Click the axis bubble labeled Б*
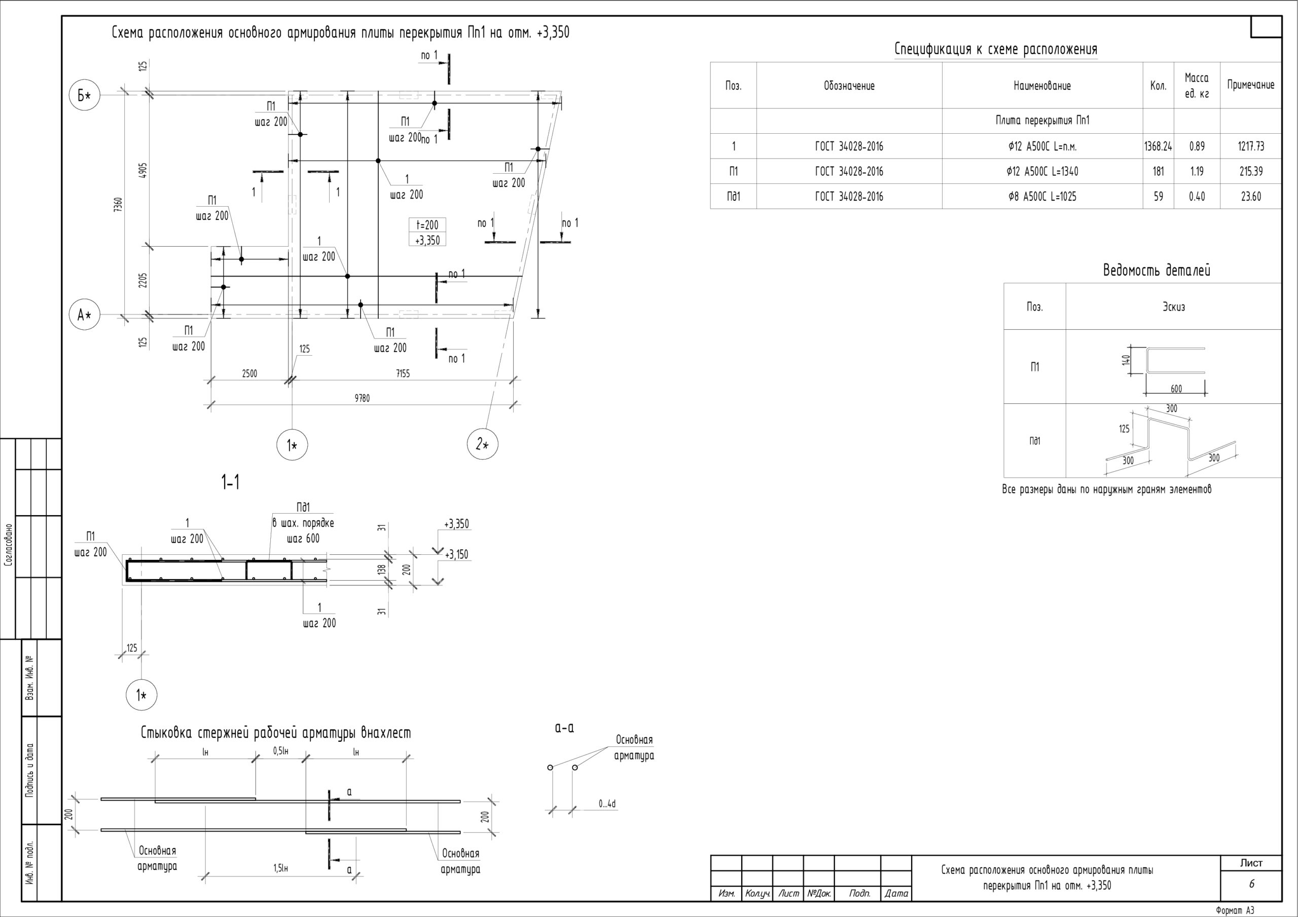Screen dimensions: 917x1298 point(84,95)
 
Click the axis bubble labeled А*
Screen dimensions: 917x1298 point(84,315)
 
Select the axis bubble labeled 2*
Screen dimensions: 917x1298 point(482,444)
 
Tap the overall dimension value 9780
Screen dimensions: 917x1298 point(362,398)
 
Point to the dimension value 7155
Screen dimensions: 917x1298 point(403,373)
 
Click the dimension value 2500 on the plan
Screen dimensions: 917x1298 point(249,373)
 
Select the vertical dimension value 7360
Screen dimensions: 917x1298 point(118,204)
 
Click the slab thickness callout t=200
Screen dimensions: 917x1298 point(427,225)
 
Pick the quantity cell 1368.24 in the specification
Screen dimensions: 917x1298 point(1158,146)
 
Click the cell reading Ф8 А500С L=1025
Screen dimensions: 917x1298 point(1042,197)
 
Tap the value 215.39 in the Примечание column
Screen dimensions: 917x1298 point(1250,171)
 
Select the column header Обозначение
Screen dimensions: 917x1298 point(849,86)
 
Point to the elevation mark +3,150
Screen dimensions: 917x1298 point(456,555)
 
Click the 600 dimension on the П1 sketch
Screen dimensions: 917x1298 point(1176,389)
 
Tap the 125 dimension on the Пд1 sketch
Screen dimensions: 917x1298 point(1124,429)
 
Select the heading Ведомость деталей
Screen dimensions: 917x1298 point(1157,270)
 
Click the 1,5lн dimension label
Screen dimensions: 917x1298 point(281,868)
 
